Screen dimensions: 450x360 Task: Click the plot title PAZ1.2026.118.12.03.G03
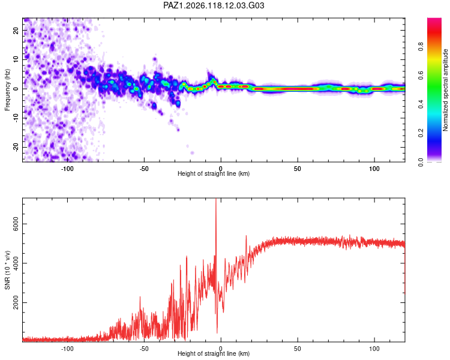214,5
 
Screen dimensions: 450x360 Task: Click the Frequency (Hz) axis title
7,90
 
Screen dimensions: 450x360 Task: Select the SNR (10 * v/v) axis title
7,270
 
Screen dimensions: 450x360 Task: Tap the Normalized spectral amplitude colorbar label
445,90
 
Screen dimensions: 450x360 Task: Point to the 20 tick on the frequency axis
16,30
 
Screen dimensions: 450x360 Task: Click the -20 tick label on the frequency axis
16,147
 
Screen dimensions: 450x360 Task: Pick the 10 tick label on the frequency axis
16,59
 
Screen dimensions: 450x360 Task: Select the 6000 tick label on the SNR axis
16,224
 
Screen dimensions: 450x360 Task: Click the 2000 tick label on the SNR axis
16,302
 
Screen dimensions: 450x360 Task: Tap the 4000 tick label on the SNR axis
16,263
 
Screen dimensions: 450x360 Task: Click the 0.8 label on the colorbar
421,47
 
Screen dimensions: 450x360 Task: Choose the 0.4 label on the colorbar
421,104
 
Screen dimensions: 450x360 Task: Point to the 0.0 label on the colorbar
421,162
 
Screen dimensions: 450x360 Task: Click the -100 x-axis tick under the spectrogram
67,169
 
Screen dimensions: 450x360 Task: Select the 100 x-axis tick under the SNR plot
374,349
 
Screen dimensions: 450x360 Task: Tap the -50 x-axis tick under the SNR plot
144,349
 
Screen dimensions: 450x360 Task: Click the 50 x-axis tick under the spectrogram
298,169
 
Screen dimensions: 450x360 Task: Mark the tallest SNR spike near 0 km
216,199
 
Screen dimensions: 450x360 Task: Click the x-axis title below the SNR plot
214,353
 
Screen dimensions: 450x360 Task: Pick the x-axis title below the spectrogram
214,173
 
